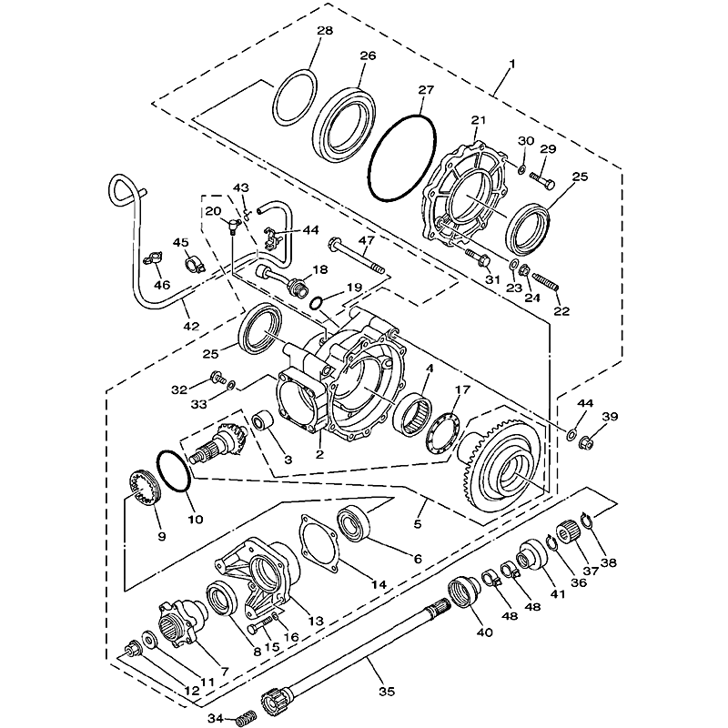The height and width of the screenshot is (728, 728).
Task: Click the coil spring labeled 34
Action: pos(242,720)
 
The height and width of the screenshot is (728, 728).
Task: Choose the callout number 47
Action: pos(367,241)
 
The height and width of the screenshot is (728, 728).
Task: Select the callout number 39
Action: pos(609,416)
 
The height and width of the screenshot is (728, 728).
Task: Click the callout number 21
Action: pos(479,120)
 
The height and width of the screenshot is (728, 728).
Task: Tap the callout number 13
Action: pos(316,621)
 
